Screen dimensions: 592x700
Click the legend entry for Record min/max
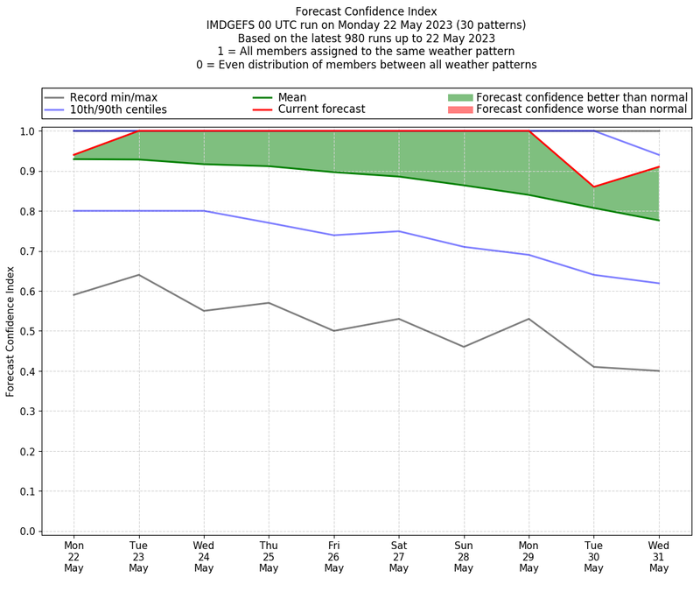pos(114,97)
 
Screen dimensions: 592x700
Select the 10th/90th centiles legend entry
pos(118,109)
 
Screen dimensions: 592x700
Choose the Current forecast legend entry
pos(321,109)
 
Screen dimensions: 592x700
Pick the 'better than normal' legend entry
pos(581,97)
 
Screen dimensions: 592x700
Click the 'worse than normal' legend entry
pos(582,109)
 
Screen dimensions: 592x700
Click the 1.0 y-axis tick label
pos(27,131)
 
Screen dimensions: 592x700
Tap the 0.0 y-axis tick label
pos(27,532)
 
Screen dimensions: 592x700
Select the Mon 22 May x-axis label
pos(73,556)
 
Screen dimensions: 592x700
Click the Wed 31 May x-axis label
pos(659,556)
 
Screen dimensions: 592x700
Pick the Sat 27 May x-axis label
pos(399,556)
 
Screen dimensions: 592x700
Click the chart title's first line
pos(367,11)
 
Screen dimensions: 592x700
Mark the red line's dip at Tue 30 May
pos(594,187)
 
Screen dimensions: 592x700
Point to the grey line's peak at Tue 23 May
pos(139,275)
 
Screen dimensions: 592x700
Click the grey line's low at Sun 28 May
pos(464,347)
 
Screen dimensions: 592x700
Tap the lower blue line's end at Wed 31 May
pos(659,283)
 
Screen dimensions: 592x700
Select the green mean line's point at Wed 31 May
pos(659,220)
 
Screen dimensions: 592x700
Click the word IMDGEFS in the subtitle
pos(234,25)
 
